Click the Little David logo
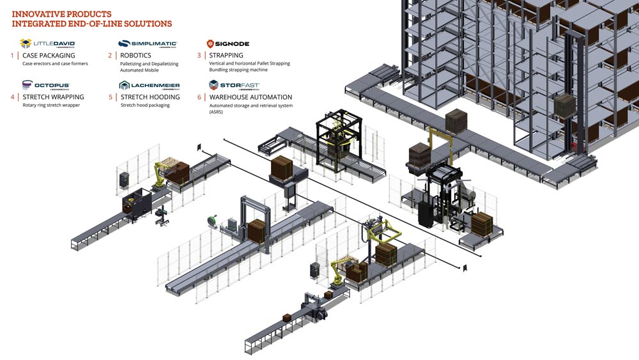pos(48,43)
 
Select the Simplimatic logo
pos(148,43)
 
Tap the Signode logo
pos(228,43)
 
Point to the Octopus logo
pos(46,85)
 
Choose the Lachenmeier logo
pos(149,85)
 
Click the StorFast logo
pos(235,85)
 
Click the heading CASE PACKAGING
pos(49,56)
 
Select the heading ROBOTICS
pos(135,56)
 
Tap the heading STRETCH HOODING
pos(150,97)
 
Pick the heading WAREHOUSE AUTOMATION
pos(250,97)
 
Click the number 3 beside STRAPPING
pos(199,56)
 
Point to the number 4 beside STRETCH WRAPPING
pos(13,97)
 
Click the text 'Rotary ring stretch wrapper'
pos(51,106)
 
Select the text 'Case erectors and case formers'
pos(55,63)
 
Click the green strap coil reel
pos(212,220)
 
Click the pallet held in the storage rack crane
pos(564,105)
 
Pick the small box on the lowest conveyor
pos(287,318)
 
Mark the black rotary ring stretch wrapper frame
pos(339,139)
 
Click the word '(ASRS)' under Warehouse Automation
pos(216,112)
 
